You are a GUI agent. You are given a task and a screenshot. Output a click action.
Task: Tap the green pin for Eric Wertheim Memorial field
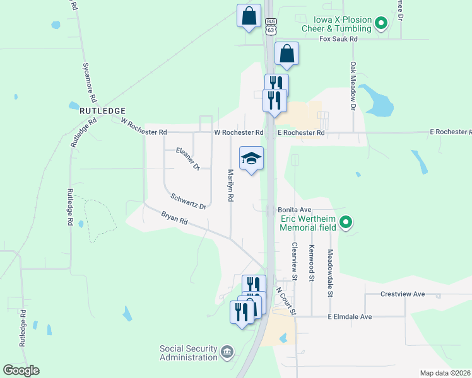(346, 222)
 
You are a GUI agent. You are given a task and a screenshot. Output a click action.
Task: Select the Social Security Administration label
(188, 353)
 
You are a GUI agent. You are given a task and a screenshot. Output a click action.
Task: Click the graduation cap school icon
(251, 159)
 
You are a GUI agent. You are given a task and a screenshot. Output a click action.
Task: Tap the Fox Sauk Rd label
(338, 39)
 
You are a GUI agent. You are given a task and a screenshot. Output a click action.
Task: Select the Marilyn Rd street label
(231, 186)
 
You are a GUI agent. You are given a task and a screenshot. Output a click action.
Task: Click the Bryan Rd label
(174, 218)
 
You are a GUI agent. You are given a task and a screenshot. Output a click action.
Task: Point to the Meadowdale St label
(329, 272)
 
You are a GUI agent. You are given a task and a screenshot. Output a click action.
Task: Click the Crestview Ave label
(403, 294)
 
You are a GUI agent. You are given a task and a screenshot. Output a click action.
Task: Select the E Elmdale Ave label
(350, 317)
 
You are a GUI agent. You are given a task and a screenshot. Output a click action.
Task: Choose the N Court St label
(286, 302)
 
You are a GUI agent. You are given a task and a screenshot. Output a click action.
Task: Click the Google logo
(21, 370)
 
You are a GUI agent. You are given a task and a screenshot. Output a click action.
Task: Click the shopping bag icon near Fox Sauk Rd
(286, 54)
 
